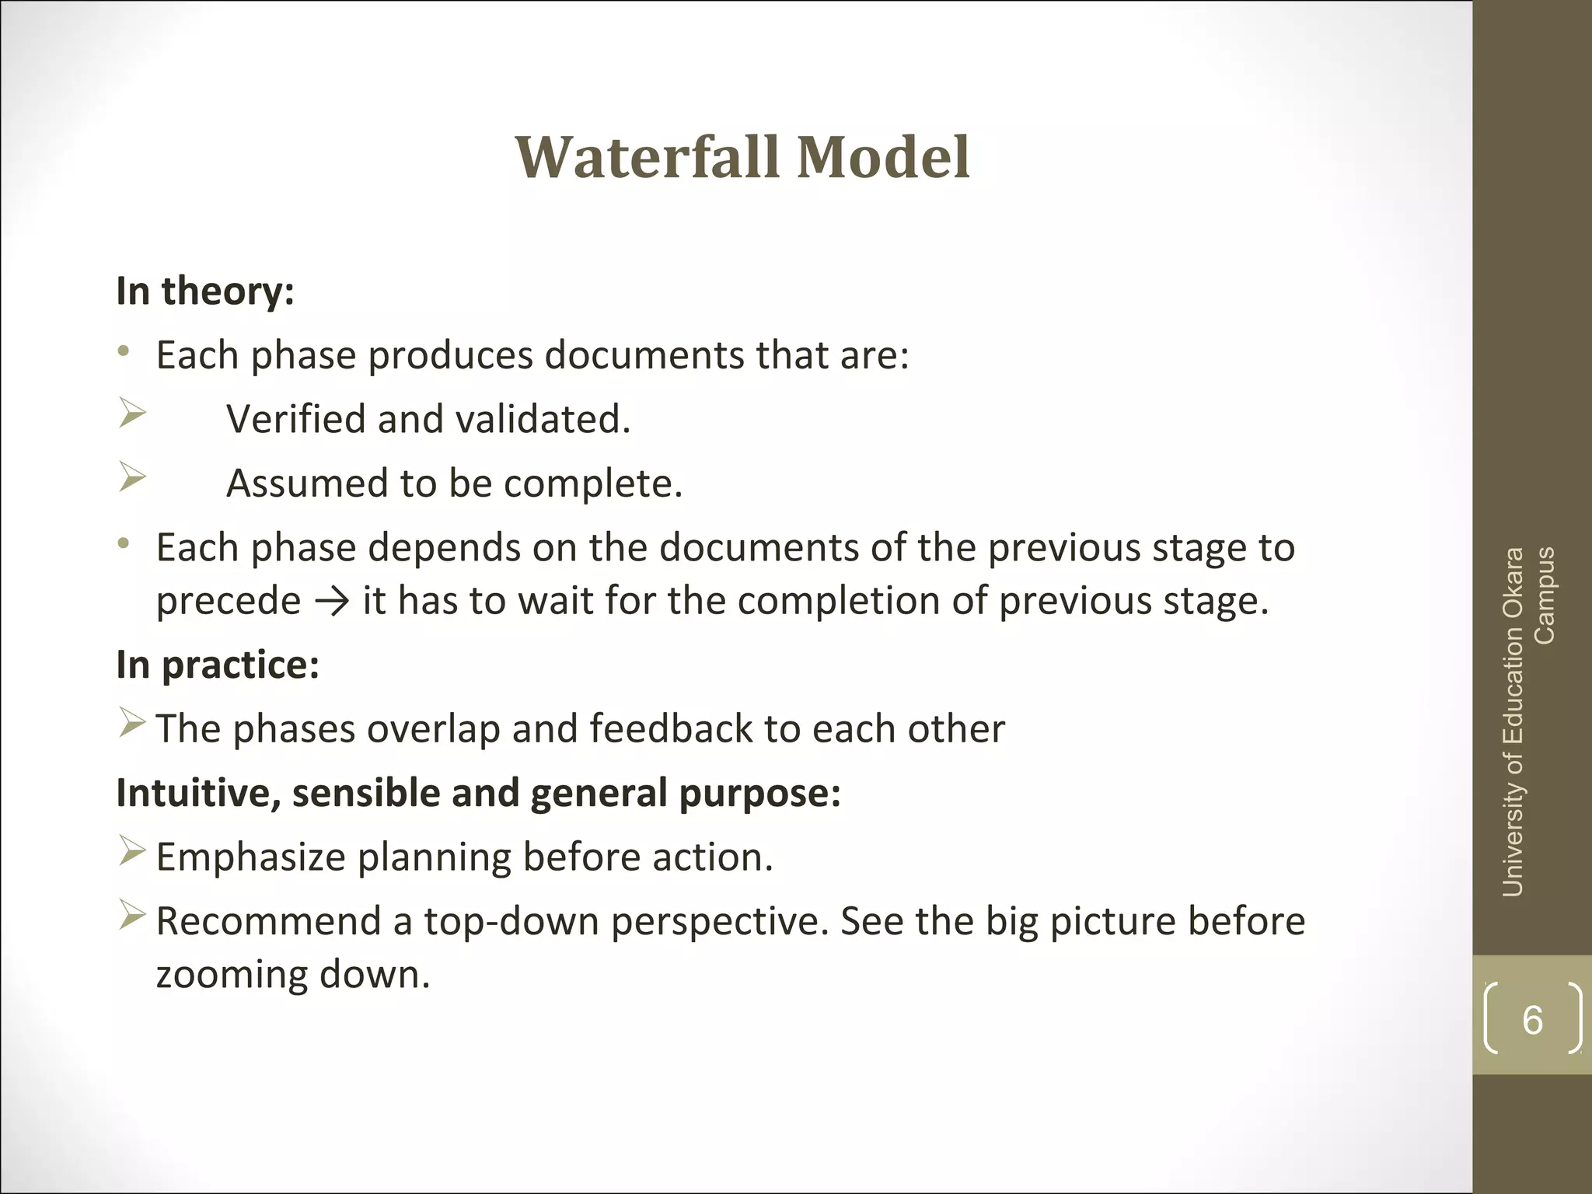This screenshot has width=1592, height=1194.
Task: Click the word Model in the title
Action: tap(883, 158)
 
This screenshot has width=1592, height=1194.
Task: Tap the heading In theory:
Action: tap(205, 292)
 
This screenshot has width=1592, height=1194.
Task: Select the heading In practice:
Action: tap(218, 665)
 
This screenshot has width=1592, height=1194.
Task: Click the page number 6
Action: tap(1532, 1020)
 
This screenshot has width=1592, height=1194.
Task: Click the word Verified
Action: tap(295, 420)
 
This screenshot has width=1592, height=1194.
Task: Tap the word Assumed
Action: tap(306, 484)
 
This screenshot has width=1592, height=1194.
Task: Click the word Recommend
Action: tap(268, 922)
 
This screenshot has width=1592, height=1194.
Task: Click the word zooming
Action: tap(231, 975)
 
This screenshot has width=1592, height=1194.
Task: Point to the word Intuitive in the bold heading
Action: tap(197, 794)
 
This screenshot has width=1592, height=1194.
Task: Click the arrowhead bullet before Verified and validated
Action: tap(133, 414)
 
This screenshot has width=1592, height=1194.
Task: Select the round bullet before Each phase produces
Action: tap(123, 352)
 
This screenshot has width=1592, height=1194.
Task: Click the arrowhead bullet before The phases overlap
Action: tap(132, 724)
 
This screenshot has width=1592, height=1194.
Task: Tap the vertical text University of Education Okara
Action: tap(1513, 723)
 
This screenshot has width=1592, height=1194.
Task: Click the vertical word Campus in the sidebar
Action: tap(1544, 595)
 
